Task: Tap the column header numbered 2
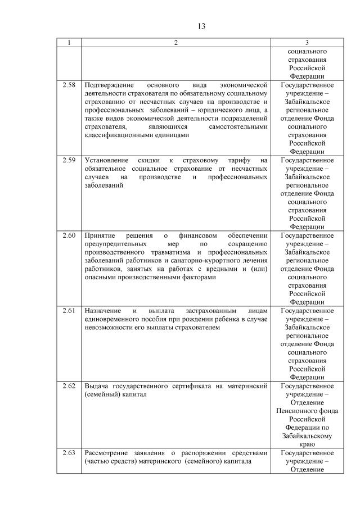[175, 43]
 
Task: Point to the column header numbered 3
[307, 43]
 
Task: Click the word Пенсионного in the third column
[307, 411]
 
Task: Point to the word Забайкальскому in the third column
[307, 436]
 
